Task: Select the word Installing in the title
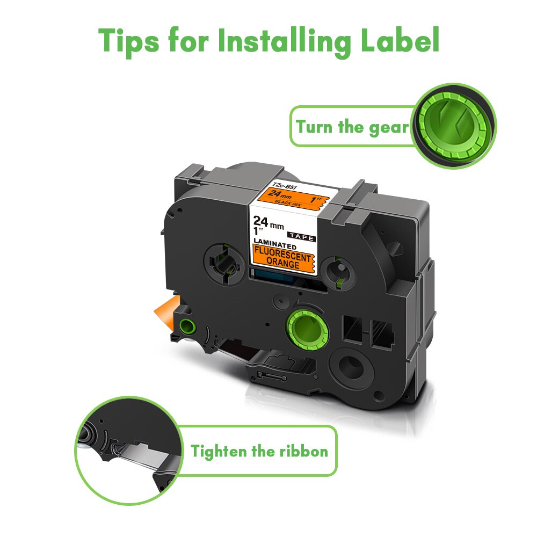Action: coord(282,41)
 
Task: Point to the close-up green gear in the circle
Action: coord(454,126)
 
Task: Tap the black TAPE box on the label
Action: coord(301,235)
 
